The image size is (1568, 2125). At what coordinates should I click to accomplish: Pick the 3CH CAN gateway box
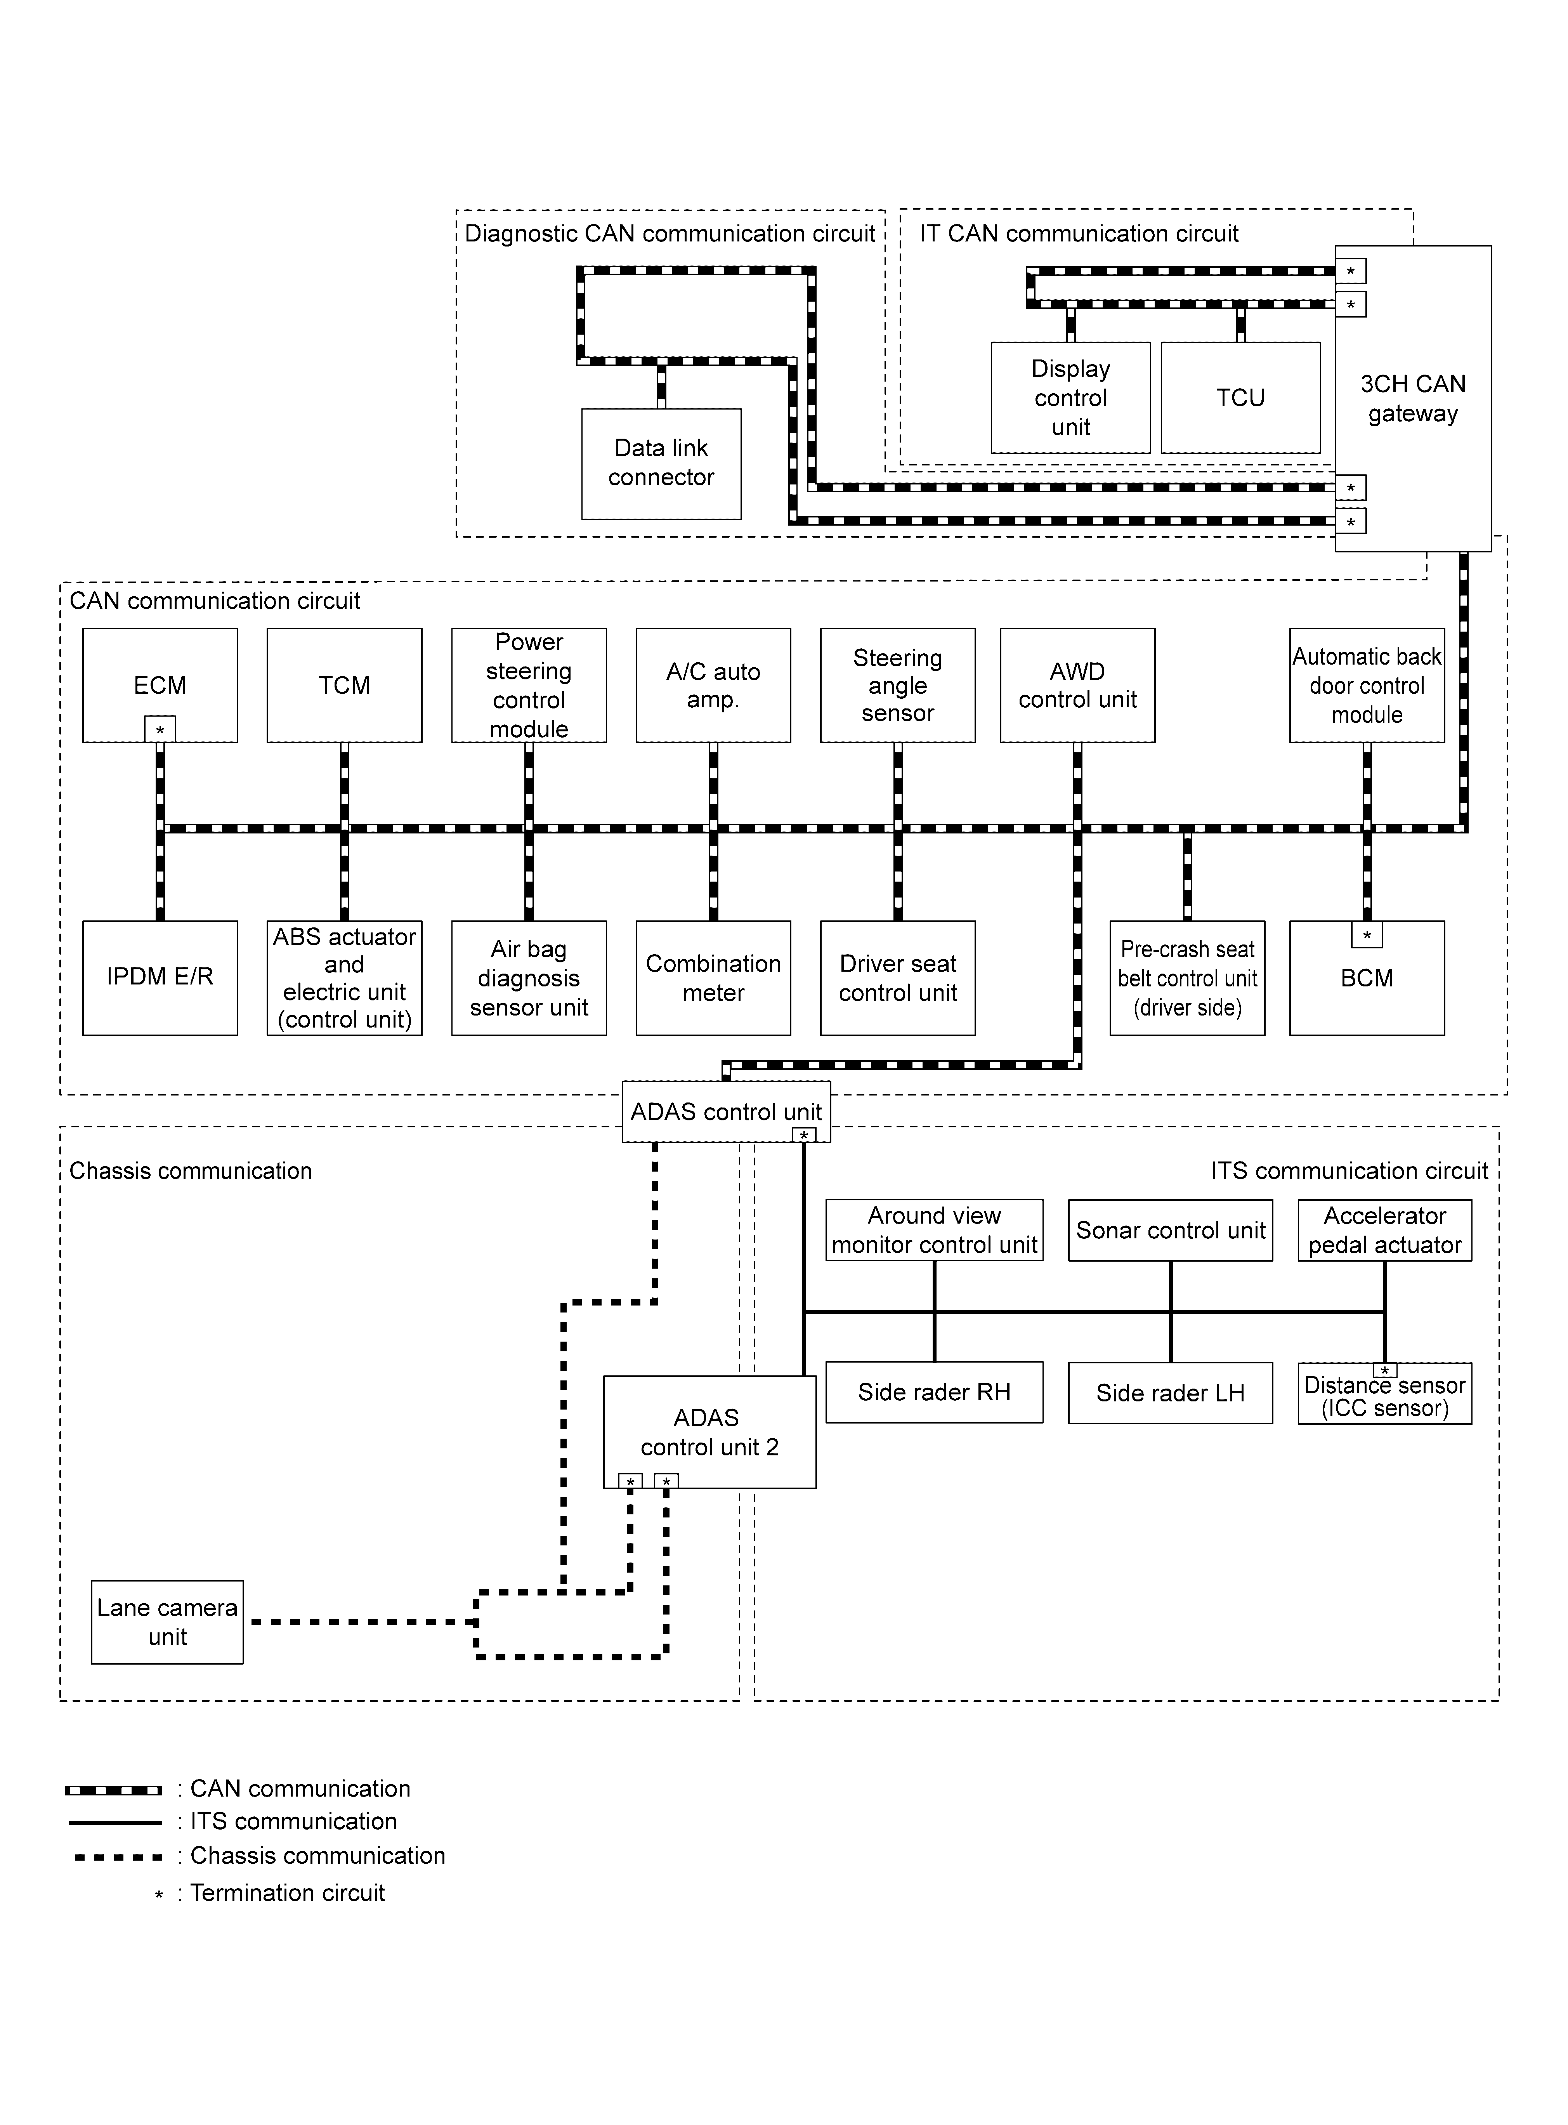click(x=1413, y=399)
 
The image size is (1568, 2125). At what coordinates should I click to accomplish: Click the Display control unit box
click(x=1071, y=398)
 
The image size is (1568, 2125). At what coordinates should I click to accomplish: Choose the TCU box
click(x=1240, y=398)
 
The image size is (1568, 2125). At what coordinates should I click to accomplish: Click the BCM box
click(x=1367, y=977)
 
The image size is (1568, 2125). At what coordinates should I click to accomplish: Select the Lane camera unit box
click(x=167, y=1622)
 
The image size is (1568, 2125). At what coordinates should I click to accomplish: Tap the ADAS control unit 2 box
click(x=710, y=1432)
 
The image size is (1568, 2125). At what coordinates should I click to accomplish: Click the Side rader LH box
click(x=1170, y=1392)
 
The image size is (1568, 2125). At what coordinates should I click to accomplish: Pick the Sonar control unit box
click(x=1170, y=1230)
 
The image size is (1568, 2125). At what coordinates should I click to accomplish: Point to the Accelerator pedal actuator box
click(x=1385, y=1230)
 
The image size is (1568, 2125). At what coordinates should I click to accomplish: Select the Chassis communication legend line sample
click(x=118, y=1856)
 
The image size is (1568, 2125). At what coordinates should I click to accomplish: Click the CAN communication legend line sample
click(x=114, y=1790)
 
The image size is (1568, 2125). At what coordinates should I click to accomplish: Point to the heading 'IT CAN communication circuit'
click(x=1079, y=233)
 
